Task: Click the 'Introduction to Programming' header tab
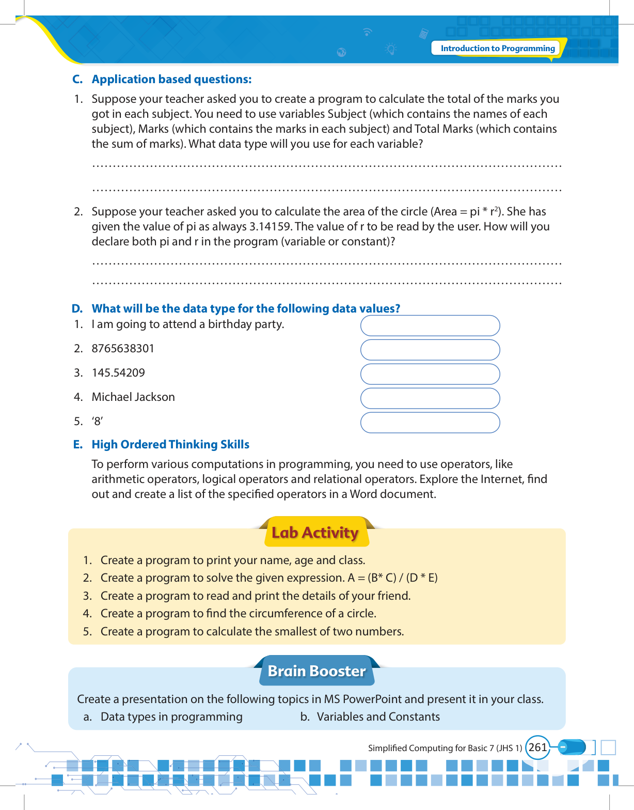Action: (497, 49)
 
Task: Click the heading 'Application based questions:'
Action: (171, 80)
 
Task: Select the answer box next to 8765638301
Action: (430, 350)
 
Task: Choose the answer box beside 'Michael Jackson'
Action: (430, 398)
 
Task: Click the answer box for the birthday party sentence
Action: (430, 325)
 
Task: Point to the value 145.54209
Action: (118, 373)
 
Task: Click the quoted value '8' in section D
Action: (97, 422)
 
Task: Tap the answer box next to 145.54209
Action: (430, 374)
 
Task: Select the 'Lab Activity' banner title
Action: (315, 533)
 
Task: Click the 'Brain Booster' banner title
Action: (316, 671)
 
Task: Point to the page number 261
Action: (537, 747)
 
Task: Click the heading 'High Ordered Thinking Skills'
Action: (170, 445)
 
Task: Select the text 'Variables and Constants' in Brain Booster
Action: (378, 717)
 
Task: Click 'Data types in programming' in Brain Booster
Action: (171, 717)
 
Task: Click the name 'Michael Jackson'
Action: (133, 397)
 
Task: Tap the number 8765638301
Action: (123, 349)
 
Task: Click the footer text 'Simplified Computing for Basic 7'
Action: (431, 748)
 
